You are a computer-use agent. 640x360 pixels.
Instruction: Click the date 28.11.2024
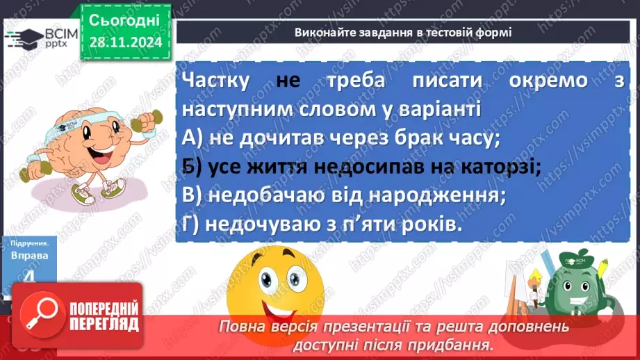pos(125,42)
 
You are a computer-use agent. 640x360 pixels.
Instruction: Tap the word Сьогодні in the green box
pos(125,19)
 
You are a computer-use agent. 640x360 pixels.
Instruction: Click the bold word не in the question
pos(287,81)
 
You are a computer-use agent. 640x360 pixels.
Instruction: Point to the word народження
pos(442,196)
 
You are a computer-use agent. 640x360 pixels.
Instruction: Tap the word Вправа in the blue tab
pos(30,256)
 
